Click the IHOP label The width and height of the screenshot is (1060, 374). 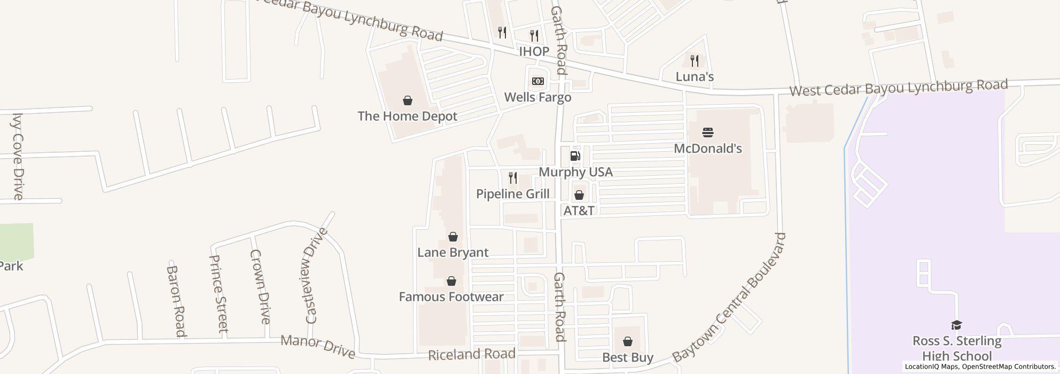pos(534,51)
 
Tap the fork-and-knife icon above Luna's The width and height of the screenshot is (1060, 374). pos(694,60)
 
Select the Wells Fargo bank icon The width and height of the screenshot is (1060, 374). pos(537,81)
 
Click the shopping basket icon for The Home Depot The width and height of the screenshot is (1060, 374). pos(407,100)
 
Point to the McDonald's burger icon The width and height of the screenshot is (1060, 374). pos(708,132)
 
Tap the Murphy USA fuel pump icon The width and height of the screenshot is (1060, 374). pos(575,156)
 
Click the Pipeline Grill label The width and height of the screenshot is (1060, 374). pos(512,193)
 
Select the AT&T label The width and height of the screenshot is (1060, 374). pos(579,211)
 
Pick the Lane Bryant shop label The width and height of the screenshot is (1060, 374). pos(453,252)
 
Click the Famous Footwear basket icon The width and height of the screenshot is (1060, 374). pos(451,281)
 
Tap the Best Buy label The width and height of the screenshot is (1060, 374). pos(628,357)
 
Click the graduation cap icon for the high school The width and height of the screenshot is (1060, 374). pos(956,325)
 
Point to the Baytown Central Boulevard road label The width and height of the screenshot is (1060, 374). pos(730,298)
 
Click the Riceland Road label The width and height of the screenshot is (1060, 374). pos(472,354)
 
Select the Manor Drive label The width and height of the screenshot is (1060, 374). pos(317,346)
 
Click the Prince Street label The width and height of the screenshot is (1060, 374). pos(219,293)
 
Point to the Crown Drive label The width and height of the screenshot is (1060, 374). pos(260,286)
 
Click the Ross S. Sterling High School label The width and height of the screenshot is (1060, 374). pos(956,348)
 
